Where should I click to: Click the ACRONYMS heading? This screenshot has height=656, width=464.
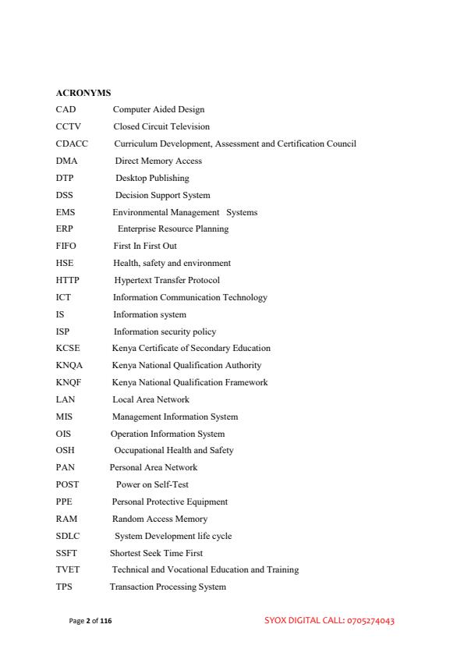[x=83, y=94]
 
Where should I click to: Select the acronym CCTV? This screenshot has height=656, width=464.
[x=69, y=126]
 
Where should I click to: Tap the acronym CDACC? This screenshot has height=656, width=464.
[x=72, y=144]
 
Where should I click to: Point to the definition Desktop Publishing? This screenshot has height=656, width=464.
[x=152, y=178]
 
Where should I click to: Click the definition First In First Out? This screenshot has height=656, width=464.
[x=145, y=246]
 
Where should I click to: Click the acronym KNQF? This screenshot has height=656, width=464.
[x=69, y=382]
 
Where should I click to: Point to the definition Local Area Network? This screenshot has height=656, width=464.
[x=151, y=399]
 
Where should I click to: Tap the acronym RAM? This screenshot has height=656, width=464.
[x=66, y=519]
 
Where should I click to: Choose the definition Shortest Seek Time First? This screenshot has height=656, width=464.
[x=155, y=553]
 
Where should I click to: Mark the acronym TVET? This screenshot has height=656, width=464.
[x=68, y=569]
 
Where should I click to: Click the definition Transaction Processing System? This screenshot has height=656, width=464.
[x=168, y=587]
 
